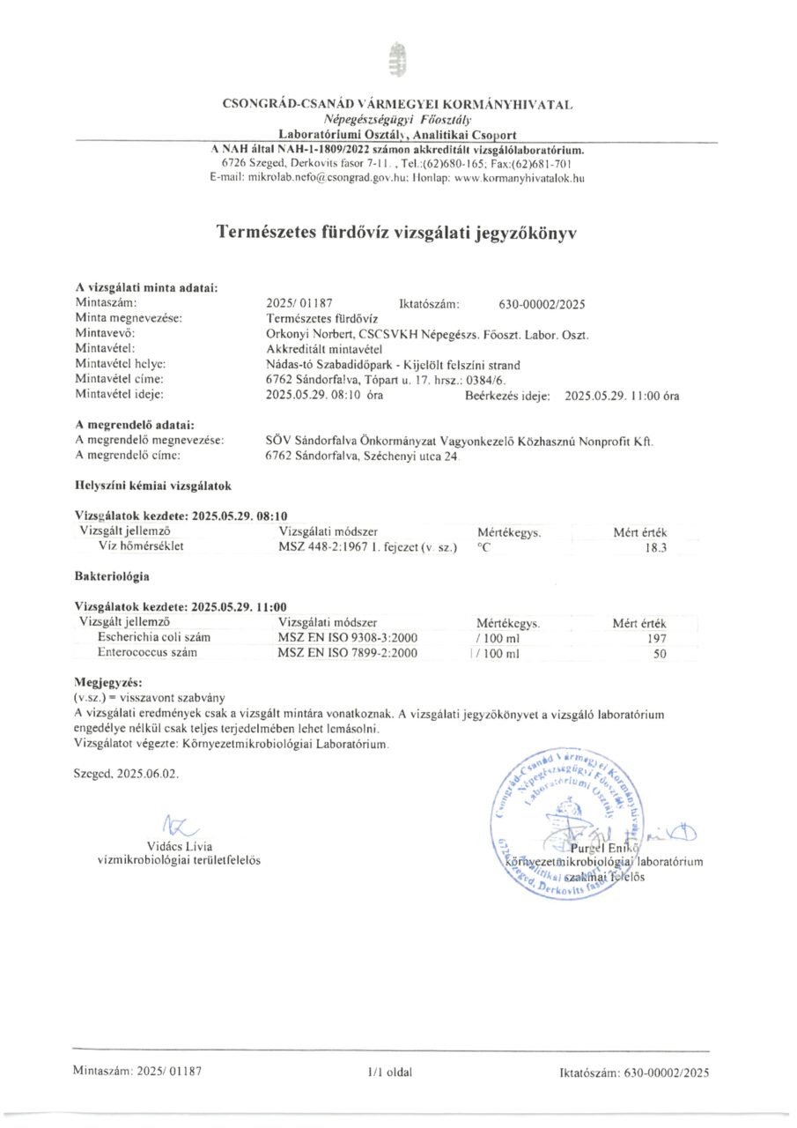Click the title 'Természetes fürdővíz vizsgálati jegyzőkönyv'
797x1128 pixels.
coord(397,233)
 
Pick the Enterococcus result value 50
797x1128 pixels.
coord(660,654)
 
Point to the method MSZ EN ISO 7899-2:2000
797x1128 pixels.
coord(347,654)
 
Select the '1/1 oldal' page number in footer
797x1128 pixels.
coord(391,1072)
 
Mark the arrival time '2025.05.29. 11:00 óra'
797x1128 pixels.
coord(622,396)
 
